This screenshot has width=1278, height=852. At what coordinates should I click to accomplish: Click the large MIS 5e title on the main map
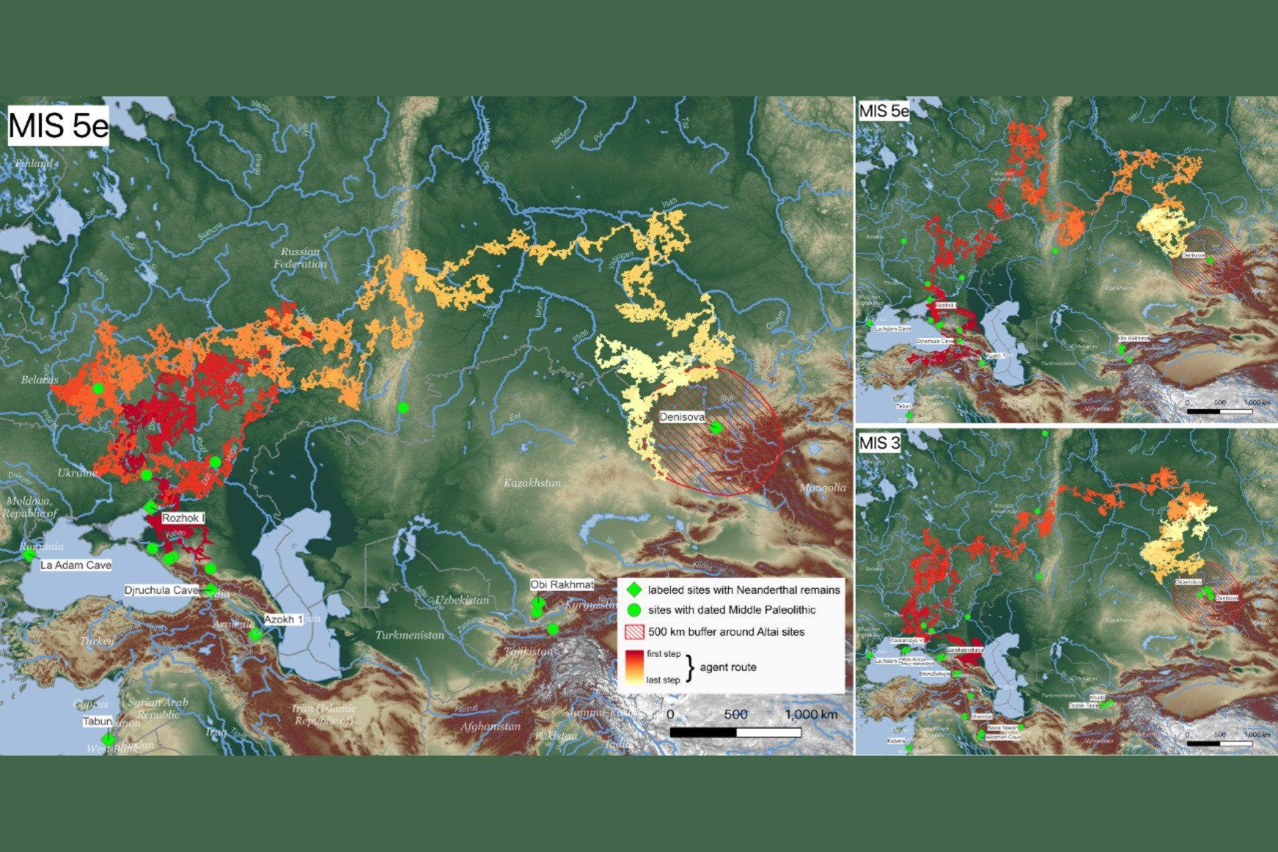[x=59, y=124]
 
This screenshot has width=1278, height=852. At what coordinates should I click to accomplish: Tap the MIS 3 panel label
[x=879, y=443]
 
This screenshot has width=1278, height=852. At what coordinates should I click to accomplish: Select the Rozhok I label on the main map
[x=184, y=518]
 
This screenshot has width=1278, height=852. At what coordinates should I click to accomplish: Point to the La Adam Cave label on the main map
[x=76, y=565]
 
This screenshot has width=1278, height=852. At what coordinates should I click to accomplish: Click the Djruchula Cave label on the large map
[x=162, y=590]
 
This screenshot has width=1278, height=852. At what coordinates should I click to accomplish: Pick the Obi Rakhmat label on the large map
[x=562, y=584]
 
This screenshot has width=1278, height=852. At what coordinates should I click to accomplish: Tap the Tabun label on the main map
[x=97, y=722]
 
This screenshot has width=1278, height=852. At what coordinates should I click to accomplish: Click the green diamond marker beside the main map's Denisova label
[x=716, y=427]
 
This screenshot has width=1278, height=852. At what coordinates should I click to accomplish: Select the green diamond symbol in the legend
[x=634, y=590]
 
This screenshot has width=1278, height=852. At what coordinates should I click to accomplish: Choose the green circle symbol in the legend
[x=634, y=610]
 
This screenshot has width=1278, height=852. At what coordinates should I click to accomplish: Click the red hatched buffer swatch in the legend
[x=634, y=632]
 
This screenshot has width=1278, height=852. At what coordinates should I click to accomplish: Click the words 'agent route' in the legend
[x=728, y=667]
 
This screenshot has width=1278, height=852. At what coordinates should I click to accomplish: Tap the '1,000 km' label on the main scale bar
[x=811, y=714]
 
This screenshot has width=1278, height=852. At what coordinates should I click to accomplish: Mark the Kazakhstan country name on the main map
[x=532, y=483]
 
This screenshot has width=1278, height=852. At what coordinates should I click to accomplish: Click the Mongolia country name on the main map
[x=823, y=488]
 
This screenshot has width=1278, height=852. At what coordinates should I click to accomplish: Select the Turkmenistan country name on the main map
[x=409, y=635]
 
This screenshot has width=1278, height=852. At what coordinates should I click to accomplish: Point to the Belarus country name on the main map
[x=39, y=379]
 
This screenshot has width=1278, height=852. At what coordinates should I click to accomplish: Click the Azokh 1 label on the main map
[x=284, y=620]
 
